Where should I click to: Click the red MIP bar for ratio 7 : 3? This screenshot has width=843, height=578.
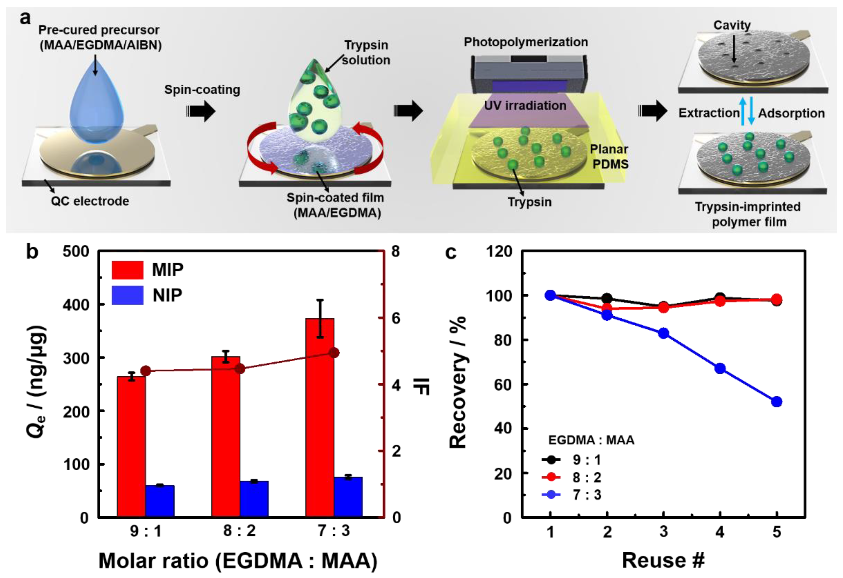[x=320, y=417]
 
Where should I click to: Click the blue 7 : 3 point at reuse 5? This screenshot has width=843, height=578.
[x=776, y=401]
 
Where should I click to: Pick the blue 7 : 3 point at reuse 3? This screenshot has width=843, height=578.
[x=663, y=333]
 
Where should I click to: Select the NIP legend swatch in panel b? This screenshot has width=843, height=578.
[x=127, y=295]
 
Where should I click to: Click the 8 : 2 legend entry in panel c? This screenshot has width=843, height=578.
[x=572, y=477]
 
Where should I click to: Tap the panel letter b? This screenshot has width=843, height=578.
[x=32, y=252]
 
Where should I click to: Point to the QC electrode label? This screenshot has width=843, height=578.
[x=90, y=201]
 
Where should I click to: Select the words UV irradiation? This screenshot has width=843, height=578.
[x=525, y=106]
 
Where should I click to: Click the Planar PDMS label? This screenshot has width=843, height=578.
[x=609, y=156]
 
